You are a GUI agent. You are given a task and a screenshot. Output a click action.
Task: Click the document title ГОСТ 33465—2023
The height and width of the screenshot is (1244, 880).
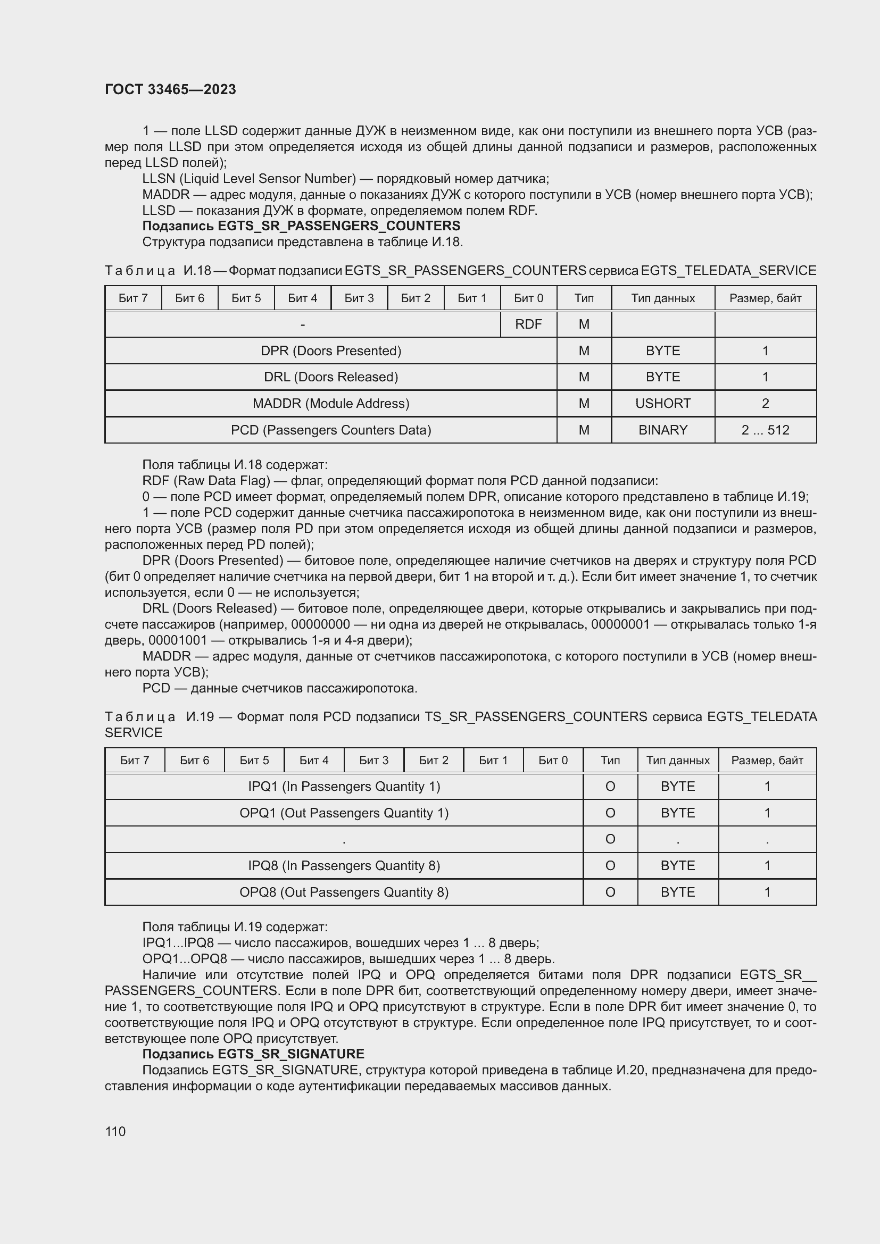(170, 89)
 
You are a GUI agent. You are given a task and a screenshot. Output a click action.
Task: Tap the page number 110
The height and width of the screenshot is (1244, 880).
(115, 1131)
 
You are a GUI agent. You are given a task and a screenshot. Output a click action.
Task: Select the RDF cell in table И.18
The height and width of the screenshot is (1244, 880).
(528, 324)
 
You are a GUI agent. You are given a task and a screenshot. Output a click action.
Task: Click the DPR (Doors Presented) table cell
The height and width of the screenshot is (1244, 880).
(330, 350)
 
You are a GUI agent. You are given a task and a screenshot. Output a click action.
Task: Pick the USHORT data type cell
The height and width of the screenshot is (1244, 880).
(662, 403)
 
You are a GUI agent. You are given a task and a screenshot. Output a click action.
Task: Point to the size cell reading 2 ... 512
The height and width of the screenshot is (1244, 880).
(765, 430)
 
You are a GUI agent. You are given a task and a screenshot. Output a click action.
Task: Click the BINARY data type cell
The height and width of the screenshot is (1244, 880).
(662, 430)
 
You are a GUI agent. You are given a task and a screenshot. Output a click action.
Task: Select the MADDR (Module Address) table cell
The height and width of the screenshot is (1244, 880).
(330, 403)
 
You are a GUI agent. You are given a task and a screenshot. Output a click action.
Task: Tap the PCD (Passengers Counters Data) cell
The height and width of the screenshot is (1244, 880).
(330, 430)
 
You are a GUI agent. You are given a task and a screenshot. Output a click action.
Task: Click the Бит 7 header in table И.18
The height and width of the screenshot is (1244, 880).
(133, 298)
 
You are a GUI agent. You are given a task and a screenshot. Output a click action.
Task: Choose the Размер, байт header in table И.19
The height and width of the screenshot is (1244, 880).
(767, 760)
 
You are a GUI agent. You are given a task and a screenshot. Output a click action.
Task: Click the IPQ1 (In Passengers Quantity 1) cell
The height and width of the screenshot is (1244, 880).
(344, 786)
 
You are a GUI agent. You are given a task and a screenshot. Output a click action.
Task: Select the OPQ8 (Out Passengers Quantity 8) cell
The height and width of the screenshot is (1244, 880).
(344, 892)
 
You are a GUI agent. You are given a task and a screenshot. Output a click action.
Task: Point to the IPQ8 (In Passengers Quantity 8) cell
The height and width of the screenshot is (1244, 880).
(344, 865)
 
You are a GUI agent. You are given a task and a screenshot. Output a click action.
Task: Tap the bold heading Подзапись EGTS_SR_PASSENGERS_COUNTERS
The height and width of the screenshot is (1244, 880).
(301, 226)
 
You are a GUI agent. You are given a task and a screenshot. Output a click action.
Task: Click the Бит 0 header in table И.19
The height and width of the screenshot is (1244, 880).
(553, 760)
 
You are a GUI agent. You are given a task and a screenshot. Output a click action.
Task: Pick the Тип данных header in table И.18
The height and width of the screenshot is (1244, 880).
(662, 298)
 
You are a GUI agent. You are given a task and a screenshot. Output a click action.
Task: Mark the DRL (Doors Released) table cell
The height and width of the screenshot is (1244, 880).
(330, 377)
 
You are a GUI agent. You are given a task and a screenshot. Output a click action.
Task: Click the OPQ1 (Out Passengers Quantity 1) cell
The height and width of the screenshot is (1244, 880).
(344, 813)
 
